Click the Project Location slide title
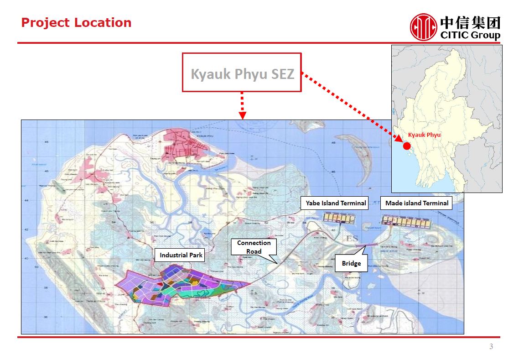click(x=76, y=23)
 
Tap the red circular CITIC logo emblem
click(x=423, y=27)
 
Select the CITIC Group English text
click(x=470, y=36)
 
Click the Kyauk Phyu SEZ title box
click(x=242, y=73)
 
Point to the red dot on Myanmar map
click(x=406, y=146)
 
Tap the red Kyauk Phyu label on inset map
click(x=424, y=135)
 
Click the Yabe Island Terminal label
click(x=336, y=203)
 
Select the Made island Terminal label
click(x=416, y=203)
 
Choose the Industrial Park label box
click(x=181, y=255)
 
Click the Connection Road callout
click(x=254, y=247)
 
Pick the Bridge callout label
click(x=351, y=263)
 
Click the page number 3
click(x=491, y=347)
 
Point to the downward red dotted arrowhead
click(x=242, y=115)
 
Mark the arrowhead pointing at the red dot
click(x=397, y=138)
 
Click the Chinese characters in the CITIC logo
click(x=470, y=22)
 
